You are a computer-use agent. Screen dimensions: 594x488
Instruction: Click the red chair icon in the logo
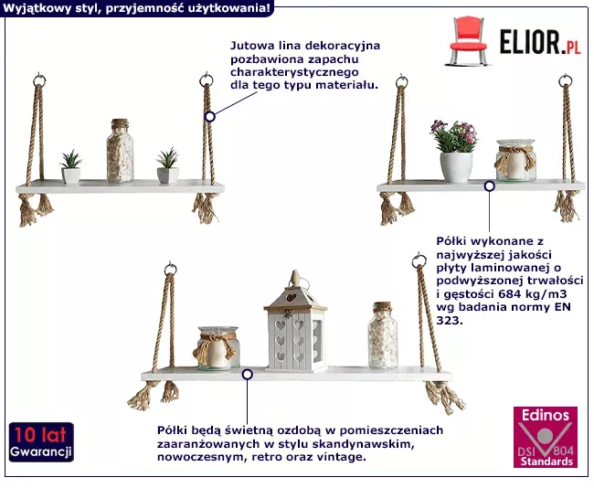click(x=468, y=41)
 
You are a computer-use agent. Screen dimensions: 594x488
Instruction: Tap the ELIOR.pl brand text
click(x=540, y=42)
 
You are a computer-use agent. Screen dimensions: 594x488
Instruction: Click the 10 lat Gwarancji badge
click(x=41, y=442)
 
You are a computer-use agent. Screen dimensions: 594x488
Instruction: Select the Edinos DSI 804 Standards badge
click(x=546, y=437)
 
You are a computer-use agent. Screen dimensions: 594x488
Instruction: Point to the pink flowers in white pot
click(x=454, y=151)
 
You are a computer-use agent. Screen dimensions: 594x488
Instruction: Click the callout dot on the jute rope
click(x=210, y=117)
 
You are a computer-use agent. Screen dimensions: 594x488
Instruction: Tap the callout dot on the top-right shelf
click(x=490, y=186)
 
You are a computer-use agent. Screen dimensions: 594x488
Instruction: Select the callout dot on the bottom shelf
click(x=248, y=375)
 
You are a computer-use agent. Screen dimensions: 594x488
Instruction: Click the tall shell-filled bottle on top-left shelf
click(x=120, y=151)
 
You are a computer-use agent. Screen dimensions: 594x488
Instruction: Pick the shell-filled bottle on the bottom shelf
click(x=383, y=335)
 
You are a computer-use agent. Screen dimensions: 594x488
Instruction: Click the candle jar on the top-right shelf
click(x=515, y=160)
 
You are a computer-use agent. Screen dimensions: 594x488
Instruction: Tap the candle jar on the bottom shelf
click(x=217, y=348)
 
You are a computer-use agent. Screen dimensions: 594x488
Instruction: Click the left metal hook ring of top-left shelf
click(x=39, y=80)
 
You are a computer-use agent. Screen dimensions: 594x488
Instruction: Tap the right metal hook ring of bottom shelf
click(x=419, y=260)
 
